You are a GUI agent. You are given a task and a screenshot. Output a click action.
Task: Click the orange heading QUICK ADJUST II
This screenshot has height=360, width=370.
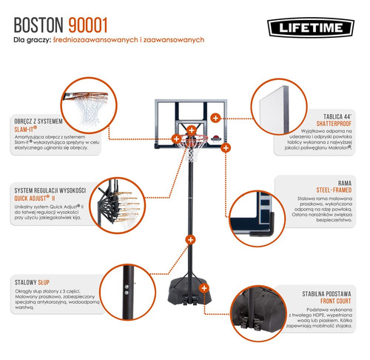tap(38, 198)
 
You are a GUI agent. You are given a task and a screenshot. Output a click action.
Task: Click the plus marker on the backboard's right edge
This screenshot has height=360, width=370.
tap(215, 117)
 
